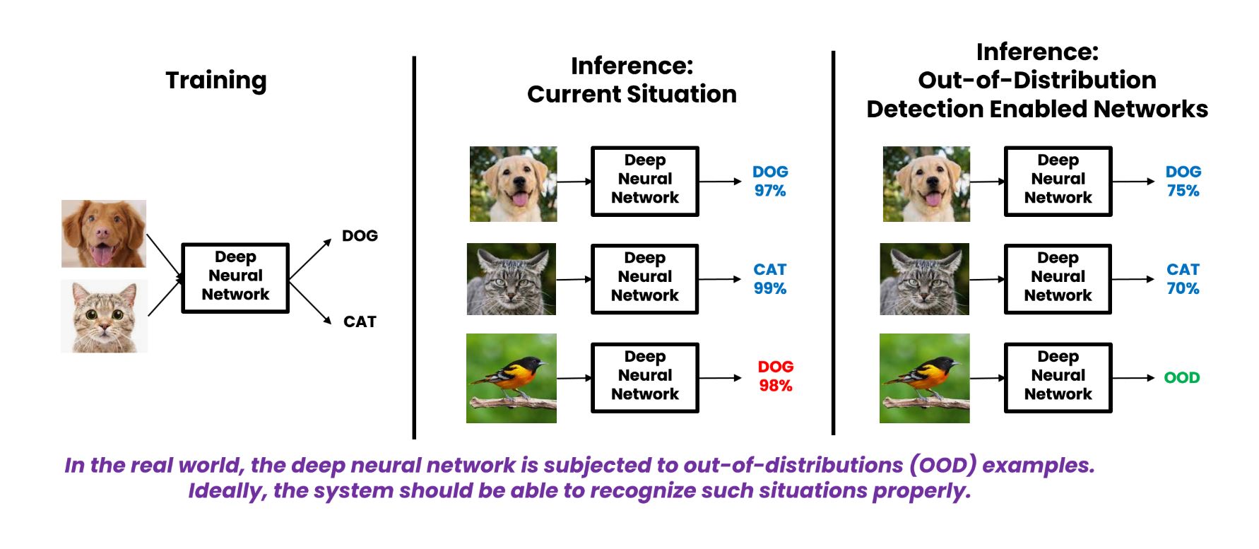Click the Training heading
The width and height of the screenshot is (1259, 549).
click(216, 81)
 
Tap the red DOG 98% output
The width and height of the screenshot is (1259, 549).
click(775, 376)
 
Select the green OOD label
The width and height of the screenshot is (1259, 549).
click(1181, 378)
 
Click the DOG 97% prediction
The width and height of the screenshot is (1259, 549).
click(769, 181)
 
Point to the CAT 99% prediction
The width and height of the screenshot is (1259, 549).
click(769, 278)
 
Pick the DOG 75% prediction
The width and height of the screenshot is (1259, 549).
click(1183, 181)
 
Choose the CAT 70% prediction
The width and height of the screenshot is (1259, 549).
click(1183, 278)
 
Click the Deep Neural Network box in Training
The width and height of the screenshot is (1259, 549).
click(235, 278)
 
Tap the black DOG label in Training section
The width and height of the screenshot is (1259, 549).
click(360, 236)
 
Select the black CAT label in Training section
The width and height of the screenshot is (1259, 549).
click(360, 322)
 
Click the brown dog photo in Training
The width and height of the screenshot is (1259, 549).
click(104, 234)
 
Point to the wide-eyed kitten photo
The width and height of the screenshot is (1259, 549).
click(104, 316)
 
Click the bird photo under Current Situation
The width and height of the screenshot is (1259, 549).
click(512, 378)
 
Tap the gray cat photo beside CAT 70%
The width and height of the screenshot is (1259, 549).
click(924, 279)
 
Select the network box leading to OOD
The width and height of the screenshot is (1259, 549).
click(1058, 377)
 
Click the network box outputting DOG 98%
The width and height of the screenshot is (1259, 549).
click(644, 377)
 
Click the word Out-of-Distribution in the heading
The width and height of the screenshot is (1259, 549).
click(1036, 81)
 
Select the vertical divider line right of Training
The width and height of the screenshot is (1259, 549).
click(414, 247)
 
